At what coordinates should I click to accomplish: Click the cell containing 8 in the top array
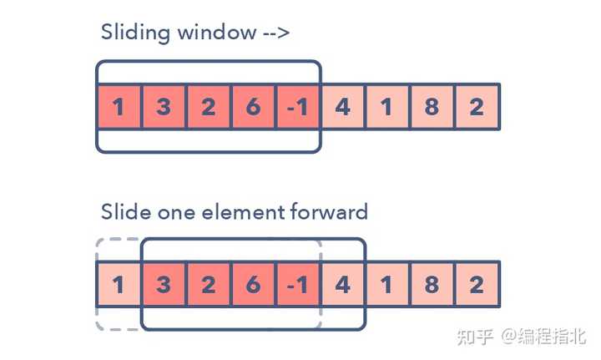432,107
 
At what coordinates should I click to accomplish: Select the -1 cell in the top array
297,107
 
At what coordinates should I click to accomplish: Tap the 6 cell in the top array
253,107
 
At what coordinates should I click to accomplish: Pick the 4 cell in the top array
342,107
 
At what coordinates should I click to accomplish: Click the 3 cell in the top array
164,107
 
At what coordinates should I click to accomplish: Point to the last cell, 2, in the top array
477,107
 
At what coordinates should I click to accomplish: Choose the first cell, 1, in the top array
119,107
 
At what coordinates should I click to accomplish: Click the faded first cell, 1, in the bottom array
119,285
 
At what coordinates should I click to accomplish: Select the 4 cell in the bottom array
342,285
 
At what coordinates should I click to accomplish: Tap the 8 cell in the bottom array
432,285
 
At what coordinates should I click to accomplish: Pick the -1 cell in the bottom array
297,285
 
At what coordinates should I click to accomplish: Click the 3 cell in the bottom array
164,285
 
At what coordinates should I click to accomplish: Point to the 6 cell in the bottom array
253,285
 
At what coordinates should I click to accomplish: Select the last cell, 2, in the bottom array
477,285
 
